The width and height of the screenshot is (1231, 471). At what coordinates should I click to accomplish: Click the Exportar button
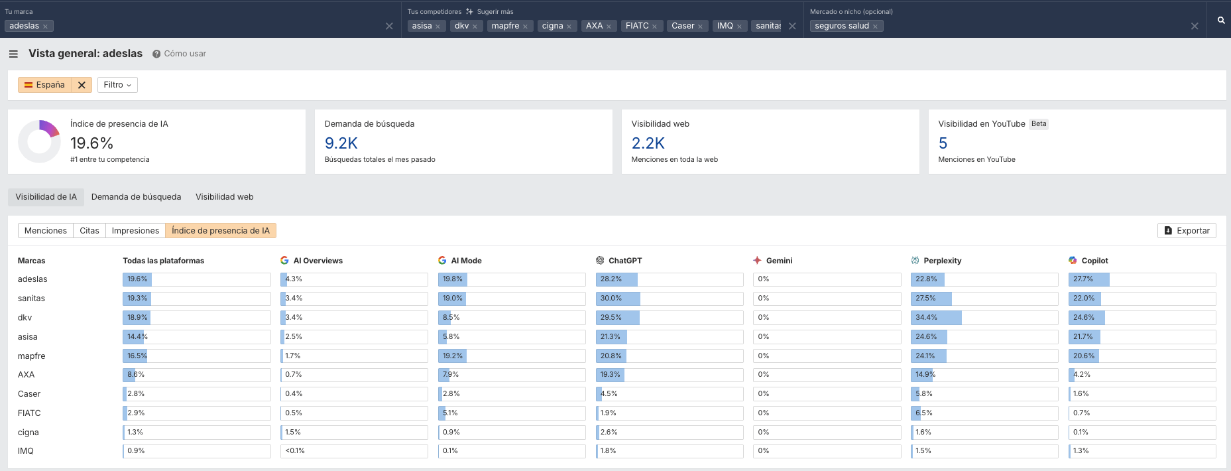tap(1187, 231)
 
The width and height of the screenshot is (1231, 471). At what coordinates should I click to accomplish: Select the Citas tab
tap(89, 231)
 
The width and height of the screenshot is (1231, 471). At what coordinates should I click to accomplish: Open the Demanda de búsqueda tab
tap(136, 197)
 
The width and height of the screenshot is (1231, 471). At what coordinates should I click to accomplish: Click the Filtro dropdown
tap(117, 85)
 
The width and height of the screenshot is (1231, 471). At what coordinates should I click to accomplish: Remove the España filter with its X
tap(82, 85)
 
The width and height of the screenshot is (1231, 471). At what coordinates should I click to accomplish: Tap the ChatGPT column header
tap(624, 261)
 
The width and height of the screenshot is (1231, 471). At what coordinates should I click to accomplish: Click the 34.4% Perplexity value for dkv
tap(926, 318)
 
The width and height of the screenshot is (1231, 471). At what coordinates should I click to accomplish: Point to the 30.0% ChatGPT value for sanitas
tap(611, 299)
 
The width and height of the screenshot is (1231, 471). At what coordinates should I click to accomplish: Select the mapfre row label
tap(31, 356)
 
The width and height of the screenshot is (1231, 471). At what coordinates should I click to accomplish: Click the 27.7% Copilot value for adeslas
tap(1083, 279)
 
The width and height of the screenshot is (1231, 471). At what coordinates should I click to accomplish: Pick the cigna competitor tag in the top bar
tap(552, 26)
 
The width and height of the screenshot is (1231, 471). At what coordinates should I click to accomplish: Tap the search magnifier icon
tap(1221, 21)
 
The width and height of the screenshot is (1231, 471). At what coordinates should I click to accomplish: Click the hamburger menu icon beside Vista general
tap(13, 54)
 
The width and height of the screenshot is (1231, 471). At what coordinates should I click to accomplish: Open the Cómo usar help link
tap(184, 54)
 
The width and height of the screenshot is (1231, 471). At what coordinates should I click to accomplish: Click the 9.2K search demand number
tap(341, 143)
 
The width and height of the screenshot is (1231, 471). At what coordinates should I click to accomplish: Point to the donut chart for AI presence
tap(39, 141)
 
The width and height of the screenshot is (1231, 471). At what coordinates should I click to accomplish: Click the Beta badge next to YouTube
tap(1039, 124)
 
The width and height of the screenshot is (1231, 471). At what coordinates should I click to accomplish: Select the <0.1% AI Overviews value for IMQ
tap(295, 451)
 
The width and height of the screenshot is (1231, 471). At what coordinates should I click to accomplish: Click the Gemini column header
tap(778, 261)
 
